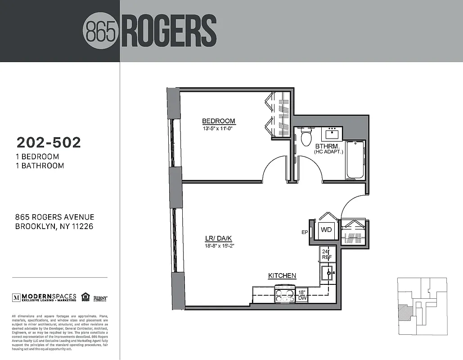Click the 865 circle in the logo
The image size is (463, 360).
point(101,31)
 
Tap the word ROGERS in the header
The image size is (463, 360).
point(168,31)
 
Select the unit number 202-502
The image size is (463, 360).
point(49,143)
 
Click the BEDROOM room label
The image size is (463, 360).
point(219,121)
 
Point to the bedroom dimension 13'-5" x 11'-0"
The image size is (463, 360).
point(219,128)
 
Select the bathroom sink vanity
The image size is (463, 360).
point(333,133)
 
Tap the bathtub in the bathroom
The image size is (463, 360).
point(355,160)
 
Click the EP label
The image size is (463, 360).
point(304,233)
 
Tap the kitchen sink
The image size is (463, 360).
point(327,273)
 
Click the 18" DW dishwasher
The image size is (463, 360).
point(302,295)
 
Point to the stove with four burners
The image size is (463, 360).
point(285,295)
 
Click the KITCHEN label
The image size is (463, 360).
point(282,276)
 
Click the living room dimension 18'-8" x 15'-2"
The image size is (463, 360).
point(218,246)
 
